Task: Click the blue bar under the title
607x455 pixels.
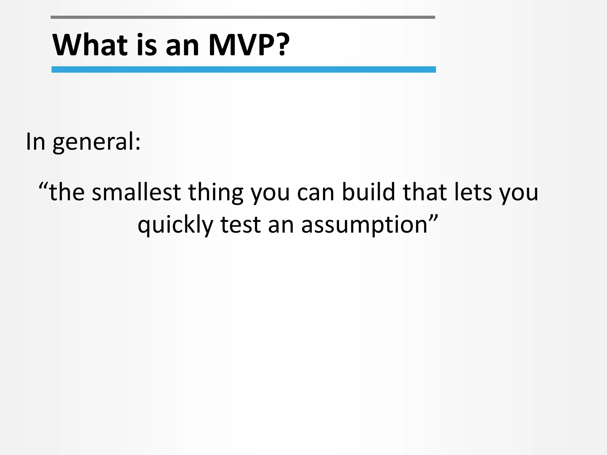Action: (243, 70)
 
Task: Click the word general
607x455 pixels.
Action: (96, 142)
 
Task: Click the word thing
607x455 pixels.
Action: (215, 193)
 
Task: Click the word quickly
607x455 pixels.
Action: (175, 225)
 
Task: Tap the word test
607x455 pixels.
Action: (240, 225)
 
